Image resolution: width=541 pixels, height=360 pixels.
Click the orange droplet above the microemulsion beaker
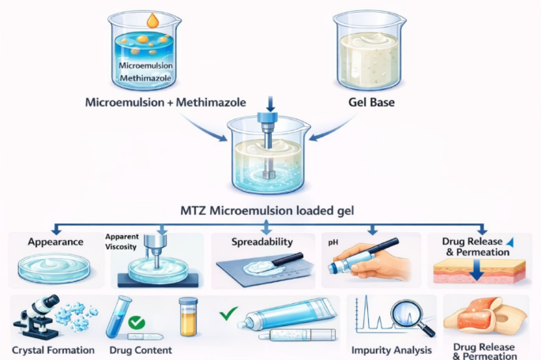coord(152,21)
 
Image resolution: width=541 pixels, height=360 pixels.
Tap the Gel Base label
coord(371,103)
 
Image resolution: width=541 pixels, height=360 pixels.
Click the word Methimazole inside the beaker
coord(145,78)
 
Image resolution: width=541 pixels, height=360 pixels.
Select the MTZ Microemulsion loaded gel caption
coord(267,210)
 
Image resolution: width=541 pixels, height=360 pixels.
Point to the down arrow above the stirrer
coord(270,104)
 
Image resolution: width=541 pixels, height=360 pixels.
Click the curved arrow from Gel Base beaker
coord(332,129)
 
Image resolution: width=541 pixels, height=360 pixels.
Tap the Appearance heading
coord(55,242)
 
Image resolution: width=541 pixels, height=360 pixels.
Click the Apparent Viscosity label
coord(122,242)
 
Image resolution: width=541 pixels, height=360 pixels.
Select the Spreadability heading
coord(262,242)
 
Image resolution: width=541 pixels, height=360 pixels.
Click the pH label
coord(333,242)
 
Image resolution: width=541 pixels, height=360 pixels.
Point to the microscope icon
coord(36,317)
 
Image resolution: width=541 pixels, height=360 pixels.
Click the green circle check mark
coord(137,322)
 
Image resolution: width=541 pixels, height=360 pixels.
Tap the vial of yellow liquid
coord(189,317)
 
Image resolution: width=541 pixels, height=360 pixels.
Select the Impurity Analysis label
coord(391,351)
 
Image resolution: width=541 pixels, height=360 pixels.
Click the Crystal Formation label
coord(53,351)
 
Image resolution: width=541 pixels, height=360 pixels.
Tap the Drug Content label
coord(141,351)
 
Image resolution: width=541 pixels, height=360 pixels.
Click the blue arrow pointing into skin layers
coord(476,270)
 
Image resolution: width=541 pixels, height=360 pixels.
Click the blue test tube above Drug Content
coord(119,317)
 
